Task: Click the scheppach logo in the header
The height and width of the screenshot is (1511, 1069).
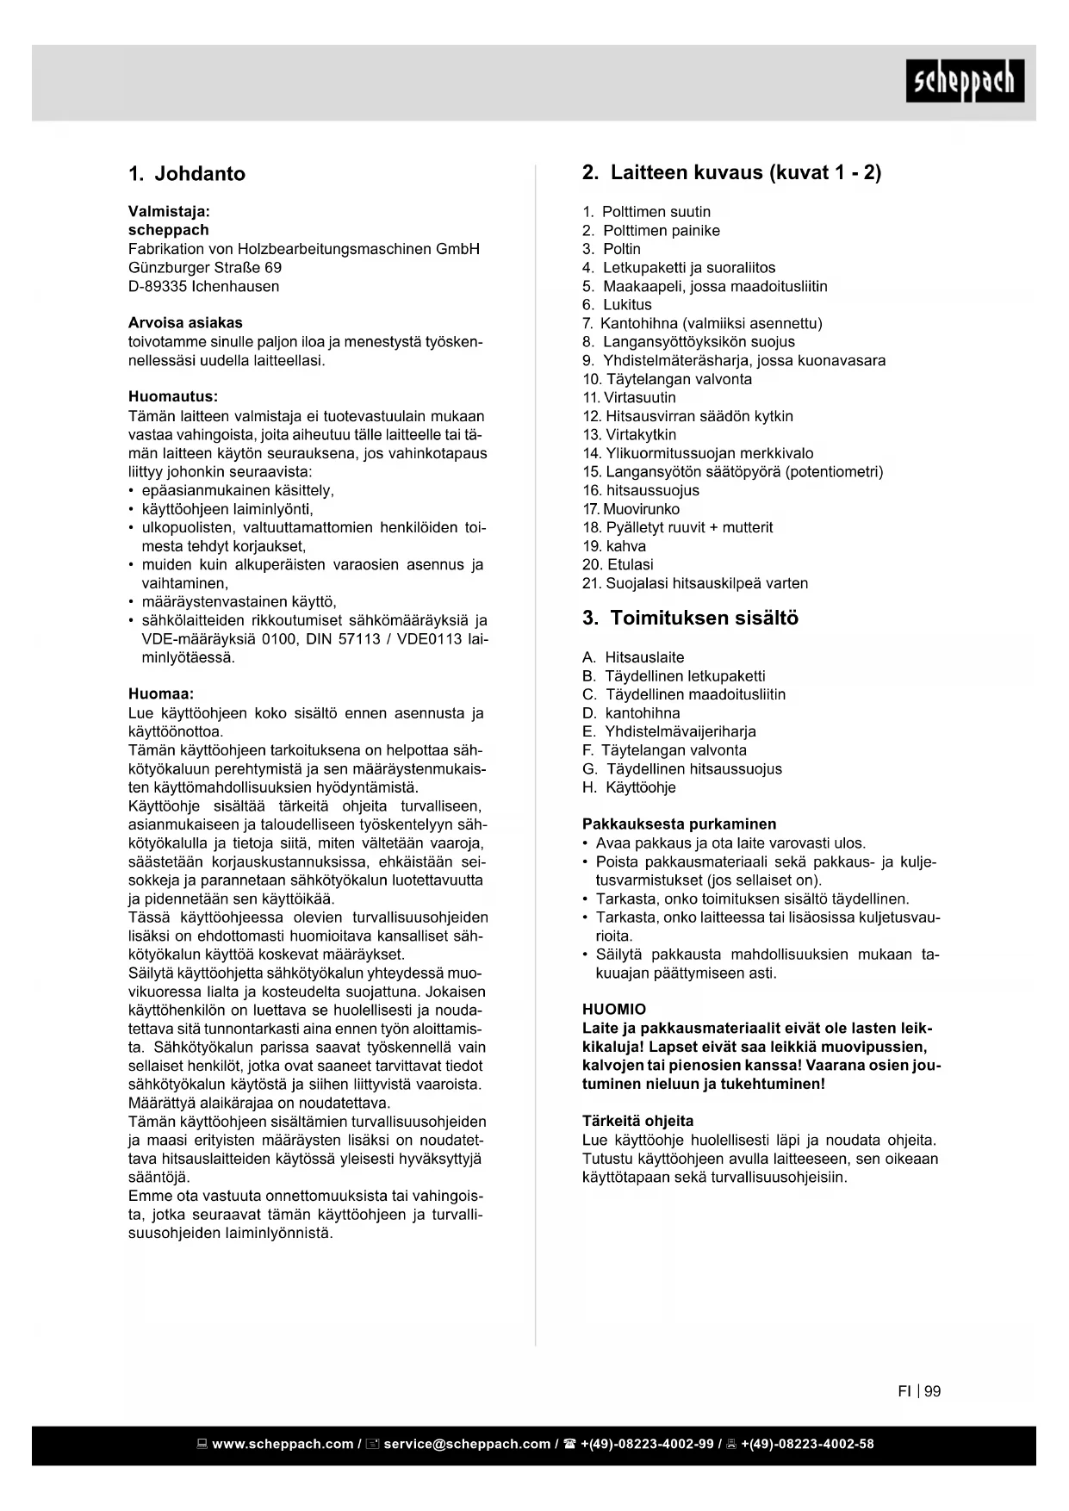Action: (x=965, y=81)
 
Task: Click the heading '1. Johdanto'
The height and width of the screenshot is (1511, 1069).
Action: (x=187, y=174)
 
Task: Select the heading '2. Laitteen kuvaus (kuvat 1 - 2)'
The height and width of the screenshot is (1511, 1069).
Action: (x=731, y=172)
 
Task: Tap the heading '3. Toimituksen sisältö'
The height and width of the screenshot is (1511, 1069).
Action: (x=690, y=619)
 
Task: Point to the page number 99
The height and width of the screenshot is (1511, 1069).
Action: (x=933, y=1391)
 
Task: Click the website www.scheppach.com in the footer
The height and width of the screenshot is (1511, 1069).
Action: (x=283, y=1445)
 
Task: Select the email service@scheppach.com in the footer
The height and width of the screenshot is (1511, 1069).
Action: (x=467, y=1445)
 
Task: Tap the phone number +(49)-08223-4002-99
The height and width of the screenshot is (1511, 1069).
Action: (x=647, y=1445)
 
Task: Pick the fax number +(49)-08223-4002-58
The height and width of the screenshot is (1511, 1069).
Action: (x=807, y=1445)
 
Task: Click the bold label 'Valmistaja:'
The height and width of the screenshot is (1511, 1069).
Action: (x=169, y=211)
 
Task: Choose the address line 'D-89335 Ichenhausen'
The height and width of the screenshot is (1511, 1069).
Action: (x=203, y=286)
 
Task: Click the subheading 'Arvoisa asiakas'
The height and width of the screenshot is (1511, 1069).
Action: (x=185, y=323)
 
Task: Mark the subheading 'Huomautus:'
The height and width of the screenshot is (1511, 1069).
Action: (x=173, y=397)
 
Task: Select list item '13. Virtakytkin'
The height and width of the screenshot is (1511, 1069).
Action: (x=630, y=435)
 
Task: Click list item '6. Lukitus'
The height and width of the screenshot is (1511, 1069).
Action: (x=617, y=305)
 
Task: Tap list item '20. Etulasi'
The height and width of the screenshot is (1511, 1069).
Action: (x=618, y=565)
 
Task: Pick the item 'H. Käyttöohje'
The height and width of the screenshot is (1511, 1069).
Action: (x=629, y=787)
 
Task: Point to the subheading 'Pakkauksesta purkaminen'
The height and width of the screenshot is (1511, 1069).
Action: (x=679, y=824)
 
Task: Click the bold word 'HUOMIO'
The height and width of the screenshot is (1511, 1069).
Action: (x=614, y=1010)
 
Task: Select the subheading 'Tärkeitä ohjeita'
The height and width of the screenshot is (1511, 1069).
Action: (x=637, y=1122)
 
